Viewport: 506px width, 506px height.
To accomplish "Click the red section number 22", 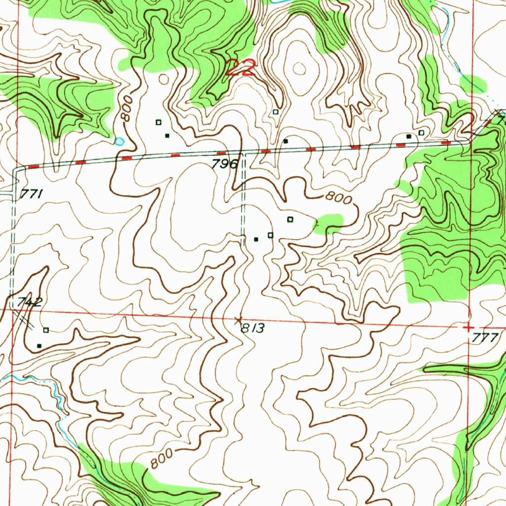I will click(x=241, y=68).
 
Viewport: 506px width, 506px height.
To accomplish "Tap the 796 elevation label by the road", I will click(x=225, y=165).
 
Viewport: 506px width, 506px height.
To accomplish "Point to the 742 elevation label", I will click(x=30, y=302).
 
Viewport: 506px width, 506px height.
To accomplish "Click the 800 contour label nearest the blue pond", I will click(x=126, y=109).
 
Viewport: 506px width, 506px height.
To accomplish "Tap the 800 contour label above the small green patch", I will click(x=338, y=199).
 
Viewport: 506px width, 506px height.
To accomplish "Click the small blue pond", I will click(x=119, y=141).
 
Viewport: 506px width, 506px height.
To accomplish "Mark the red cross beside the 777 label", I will click(x=467, y=327).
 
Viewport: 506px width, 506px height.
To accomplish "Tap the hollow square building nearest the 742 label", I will click(x=46, y=330).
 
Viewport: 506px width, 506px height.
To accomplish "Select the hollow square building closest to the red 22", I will click(x=276, y=112).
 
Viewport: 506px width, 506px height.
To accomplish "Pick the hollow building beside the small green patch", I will click(x=290, y=218).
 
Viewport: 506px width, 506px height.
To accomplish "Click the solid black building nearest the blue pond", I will click(x=167, y=135).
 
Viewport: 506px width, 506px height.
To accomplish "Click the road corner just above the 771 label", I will click(x=14, y=169).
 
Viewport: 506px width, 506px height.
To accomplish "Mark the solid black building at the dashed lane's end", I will click(x=256, y=239).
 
